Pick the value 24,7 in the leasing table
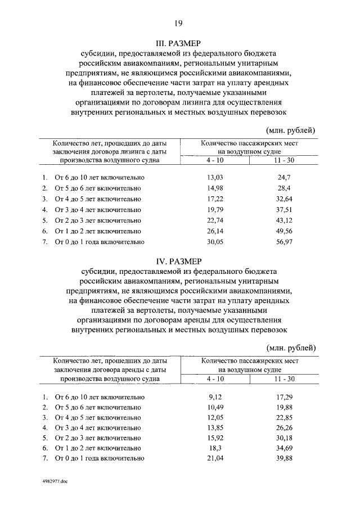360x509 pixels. click(283, 177)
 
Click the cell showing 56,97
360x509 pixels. click(283, 242)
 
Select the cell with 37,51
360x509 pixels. click(283, 210)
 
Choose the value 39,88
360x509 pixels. click(284, 458)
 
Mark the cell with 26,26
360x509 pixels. click(284, 427)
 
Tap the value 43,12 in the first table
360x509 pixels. click(283, 220)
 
